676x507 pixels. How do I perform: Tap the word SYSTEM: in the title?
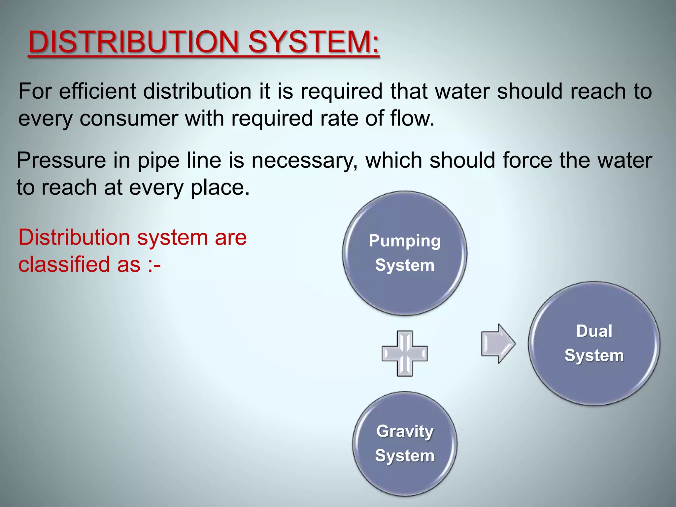pos(314,42)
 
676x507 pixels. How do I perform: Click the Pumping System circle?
pos(405,253)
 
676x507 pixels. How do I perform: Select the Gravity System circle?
pos(405,444)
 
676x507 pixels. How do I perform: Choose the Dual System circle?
pos(594,343)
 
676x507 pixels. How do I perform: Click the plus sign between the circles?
pos(405,354)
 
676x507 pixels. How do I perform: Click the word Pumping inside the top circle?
pos(405,241)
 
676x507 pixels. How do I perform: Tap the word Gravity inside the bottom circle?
pos(405,431)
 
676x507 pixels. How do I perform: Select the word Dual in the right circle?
pos(594,331)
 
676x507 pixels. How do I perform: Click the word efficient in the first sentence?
pos(97,91)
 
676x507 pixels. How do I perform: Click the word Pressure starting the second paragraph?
pos(61,160)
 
